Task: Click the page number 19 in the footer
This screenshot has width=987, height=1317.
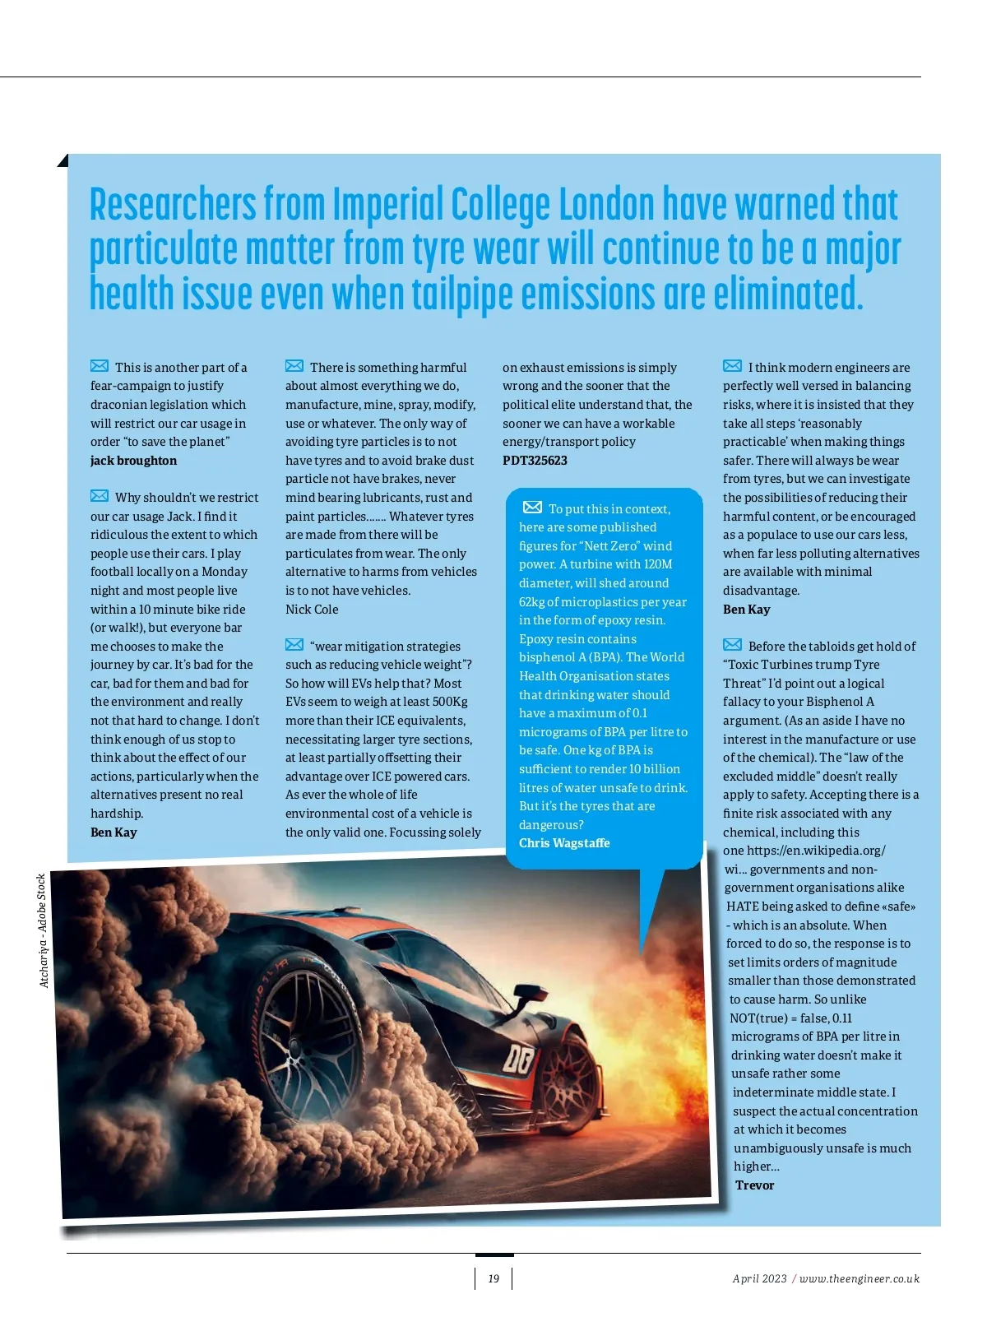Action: [493, 1278]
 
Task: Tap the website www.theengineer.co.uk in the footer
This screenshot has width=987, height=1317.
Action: [860, 1278]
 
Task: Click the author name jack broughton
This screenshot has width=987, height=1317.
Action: [133, 461]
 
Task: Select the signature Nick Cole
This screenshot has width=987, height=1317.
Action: [312, 610]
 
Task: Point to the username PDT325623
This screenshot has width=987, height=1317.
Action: [535, 461]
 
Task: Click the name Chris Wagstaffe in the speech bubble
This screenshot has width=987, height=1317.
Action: [564, 843]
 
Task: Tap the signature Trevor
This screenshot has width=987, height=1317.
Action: [754, 1185]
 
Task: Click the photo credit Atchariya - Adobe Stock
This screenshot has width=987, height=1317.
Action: [44, 930]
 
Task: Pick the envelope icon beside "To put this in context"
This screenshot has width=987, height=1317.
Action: [533, 508]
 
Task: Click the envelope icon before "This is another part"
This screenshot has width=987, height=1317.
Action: [100, 366]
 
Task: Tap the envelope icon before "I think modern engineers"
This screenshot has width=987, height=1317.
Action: [732, 366]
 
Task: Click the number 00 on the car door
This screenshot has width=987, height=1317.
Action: [518, 1060]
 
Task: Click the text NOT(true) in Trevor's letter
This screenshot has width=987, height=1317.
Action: [758, 1018]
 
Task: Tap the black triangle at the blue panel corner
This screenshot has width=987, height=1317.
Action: [63, 160]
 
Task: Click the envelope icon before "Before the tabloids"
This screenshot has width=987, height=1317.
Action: [732, 645]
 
